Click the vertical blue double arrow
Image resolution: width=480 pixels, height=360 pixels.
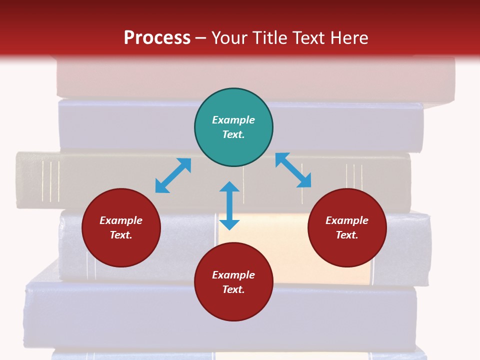pyautogui.click(x=229, y=205)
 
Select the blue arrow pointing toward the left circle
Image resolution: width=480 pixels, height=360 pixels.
pyautogui.click(x=173, y=175)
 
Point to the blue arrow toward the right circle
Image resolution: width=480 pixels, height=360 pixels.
pyautogui.click(x=293, y=170)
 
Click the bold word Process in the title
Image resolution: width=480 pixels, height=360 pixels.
pyautogui.click(x=157, y=37)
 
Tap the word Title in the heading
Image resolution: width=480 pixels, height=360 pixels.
pyautogui.click(x=269, y=37)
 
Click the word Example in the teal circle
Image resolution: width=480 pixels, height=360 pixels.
pyautogui.click(x=233, y=120)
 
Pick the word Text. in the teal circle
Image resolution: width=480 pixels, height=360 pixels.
pyautogui.click(x=233, y=134)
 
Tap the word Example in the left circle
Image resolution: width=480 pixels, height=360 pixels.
pyautogui.click(x=121, y=220)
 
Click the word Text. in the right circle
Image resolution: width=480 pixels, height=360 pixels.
pyautogui.click(x=347, y=235)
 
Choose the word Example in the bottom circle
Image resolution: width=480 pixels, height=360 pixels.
pyautogui.click(x=233, y=275)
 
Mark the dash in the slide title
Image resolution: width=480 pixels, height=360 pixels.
pyautogui.click(x=201, y=38)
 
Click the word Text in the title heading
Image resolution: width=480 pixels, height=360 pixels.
pyautogui.click(x=308, y=37)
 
